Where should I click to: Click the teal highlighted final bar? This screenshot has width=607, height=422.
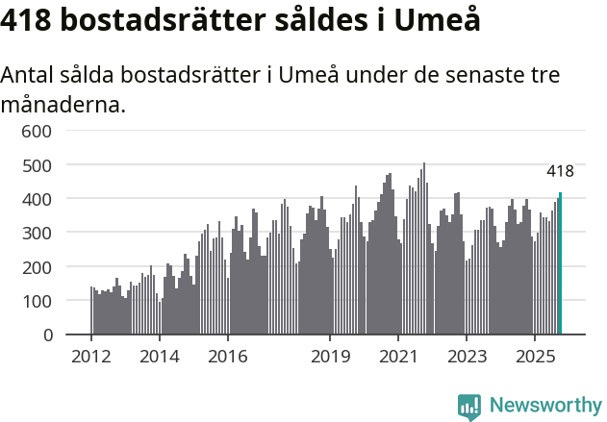(560, 264)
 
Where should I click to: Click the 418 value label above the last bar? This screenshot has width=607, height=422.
(560, 171)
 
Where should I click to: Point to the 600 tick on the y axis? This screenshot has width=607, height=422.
(37, 131)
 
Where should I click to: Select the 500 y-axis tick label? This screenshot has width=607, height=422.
(37, 164)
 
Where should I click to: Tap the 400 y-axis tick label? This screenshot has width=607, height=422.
(37, 199)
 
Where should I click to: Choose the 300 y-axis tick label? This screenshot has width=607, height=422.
(37, 233)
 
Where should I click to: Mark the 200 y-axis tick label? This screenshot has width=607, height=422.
(37, 266)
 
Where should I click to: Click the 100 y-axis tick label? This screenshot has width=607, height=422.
(37, 301)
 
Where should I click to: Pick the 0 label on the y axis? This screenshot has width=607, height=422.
(46, 335)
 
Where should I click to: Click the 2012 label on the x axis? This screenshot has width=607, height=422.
(91, 358)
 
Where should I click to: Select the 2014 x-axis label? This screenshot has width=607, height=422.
(159, 358)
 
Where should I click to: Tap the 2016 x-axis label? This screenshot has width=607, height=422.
(227, 358)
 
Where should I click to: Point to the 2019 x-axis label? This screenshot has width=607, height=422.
(330, 358)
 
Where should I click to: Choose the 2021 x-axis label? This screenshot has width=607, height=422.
(397, 358)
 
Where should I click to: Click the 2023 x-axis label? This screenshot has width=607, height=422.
(466, 358)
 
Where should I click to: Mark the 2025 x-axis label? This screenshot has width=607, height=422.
(534, 358)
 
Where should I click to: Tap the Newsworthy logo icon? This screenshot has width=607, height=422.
(469, 406)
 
